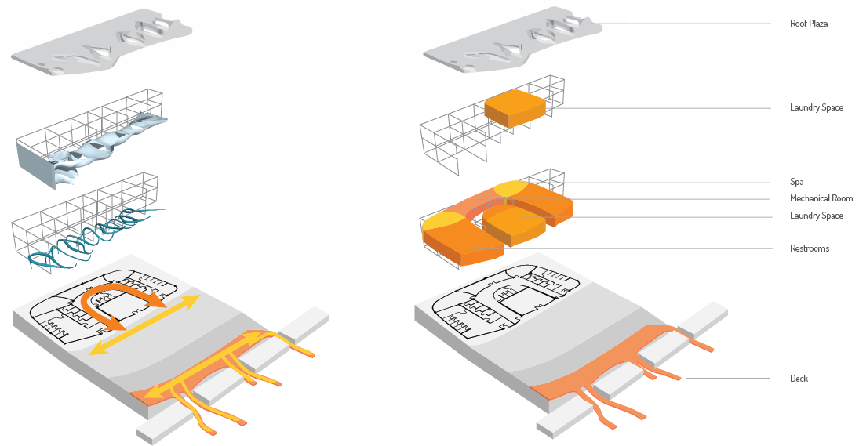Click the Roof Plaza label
click(809, 24)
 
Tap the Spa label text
click(796, 181)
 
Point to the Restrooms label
click(810, 248)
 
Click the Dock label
click(799, 379)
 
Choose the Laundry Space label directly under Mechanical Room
click(816, 216)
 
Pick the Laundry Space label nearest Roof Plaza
click(816, 107)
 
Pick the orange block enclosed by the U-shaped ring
click(514, 226)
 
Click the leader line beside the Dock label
click(730, 379)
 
